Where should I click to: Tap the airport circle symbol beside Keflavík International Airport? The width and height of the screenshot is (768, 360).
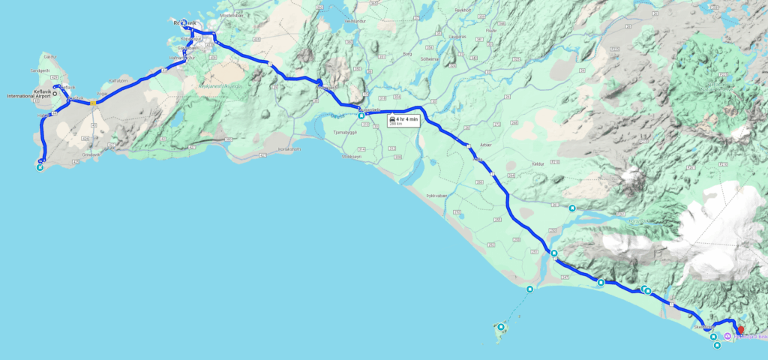[x=55, y=94]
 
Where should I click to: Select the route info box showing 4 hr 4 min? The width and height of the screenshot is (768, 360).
[x=402, y=120]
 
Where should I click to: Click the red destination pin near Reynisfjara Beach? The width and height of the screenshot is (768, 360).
[x=741, y=329]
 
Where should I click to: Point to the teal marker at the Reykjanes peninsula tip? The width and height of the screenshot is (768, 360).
[x=40, y=168]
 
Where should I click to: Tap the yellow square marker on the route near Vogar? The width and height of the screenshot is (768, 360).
[x=92, y=102]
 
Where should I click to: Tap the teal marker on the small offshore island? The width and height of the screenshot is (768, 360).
[x=500, y=327]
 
